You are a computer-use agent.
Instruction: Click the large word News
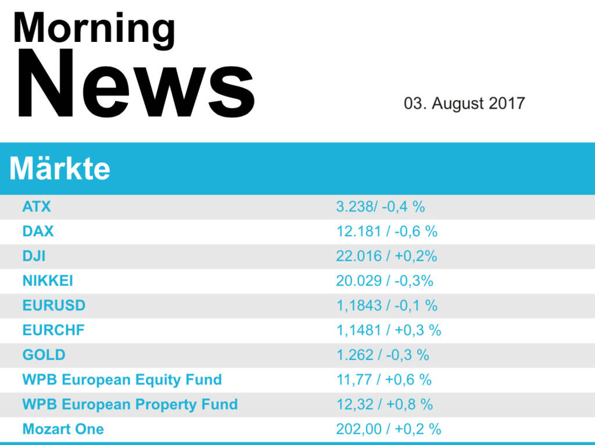135,85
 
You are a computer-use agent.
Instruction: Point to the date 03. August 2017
464,104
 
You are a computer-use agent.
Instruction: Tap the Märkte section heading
60,169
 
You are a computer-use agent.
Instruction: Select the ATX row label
37,207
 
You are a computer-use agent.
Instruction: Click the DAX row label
38,231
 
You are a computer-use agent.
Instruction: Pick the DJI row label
34,256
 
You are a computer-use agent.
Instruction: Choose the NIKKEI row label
48,280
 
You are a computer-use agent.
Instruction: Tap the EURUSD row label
53,305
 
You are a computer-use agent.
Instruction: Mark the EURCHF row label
53,330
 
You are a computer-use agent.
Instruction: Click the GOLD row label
44,355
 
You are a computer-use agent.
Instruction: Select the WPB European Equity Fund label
122,380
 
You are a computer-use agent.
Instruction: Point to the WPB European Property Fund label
130,404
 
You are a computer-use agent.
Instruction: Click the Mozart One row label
63,429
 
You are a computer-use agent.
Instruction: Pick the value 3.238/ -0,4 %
380,207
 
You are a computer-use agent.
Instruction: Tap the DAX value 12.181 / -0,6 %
386,231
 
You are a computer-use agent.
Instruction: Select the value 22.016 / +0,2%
386,256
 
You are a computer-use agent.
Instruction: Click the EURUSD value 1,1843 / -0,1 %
386,305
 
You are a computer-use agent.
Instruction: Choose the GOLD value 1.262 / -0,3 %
382,355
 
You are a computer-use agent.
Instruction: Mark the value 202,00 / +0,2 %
388,429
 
